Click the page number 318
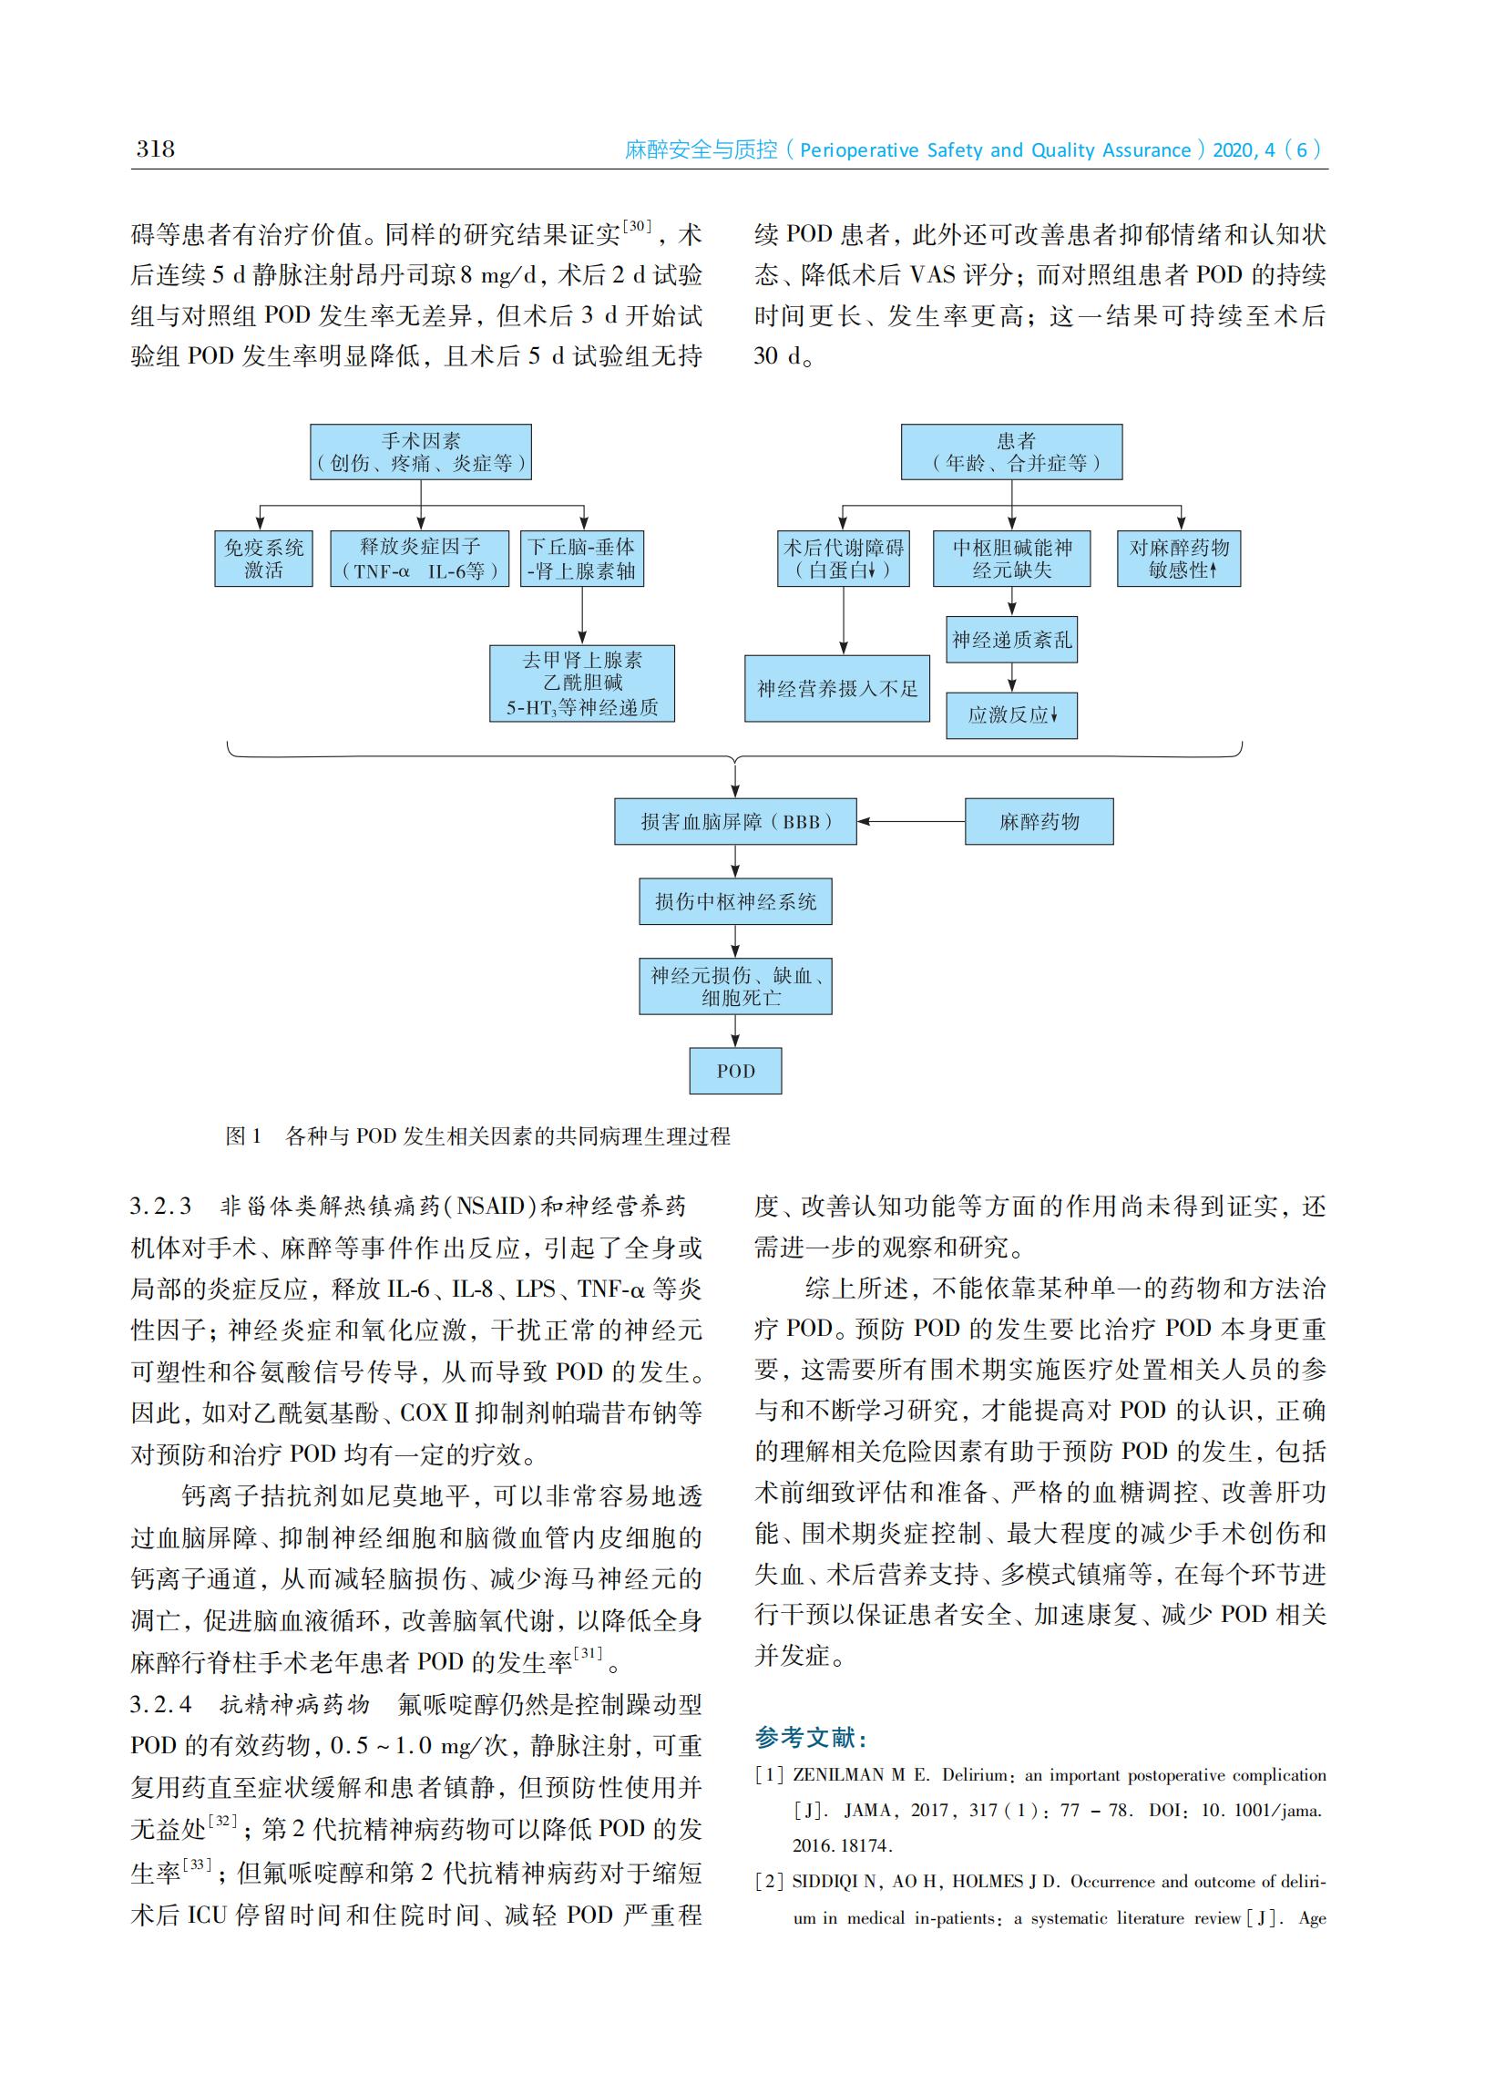pyautogui.click(x=156, y=149)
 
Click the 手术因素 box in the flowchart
pyautogui.click(x=421, y=452)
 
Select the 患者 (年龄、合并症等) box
pyautogui.click(x=1011, y=452)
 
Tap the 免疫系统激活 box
pyautogui.click(x=263, y=558)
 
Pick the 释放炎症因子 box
pyautogui.click(x=420, y=558)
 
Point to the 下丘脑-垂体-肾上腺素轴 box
pyautogui.click(x=581, y=558)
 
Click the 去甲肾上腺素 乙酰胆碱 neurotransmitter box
pyautogui.click(x=581, y=683)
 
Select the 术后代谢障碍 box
pyautogui.click(x=843, y=558)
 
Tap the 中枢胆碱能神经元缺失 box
pyautogui.click(x=1011, y=558)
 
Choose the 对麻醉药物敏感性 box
pyautogui.click(x=1179, y=558)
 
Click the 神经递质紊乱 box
pyautogui.click(x=1011, y=639)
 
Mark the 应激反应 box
pyautogui.click(x=1011, y=714)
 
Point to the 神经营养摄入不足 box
pyautogui.click(x=836, y=689)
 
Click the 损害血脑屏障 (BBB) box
pyautogui.click(x=735, y=821)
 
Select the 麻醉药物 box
pyautogui.click(x=1039, y=821)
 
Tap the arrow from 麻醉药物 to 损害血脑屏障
pyautogui.click(x=911, y=821)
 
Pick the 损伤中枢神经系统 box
pyautogui.click(x=735, y=901)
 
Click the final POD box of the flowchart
pyautogui.click(x=735, y=1071)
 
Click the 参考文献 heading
pyautogui.click(x=811, y=1737)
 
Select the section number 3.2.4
pyautogui.click(x=161, y=1704)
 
